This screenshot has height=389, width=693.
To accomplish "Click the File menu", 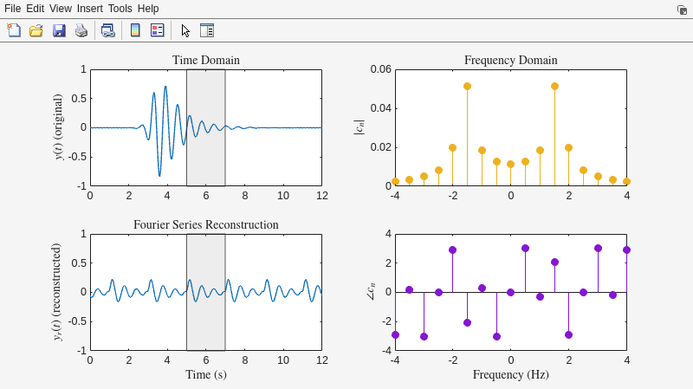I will coord(12,9).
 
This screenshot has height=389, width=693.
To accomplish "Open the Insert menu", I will coord(89,9).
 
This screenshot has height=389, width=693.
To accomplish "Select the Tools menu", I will coord(120,9).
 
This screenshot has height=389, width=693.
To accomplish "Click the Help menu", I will coord(148,9).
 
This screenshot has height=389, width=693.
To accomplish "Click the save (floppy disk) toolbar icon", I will coord(59,30).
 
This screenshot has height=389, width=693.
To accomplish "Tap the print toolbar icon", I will coord(81,30).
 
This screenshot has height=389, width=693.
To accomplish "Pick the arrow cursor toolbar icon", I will coord(185,30).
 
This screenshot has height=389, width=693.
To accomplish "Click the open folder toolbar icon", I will coord(36,30).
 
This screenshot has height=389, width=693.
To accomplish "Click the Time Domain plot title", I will coord(205,61).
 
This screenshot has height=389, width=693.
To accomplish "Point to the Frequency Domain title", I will coord(510,61).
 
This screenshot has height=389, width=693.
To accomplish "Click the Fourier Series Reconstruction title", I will coord(205,225).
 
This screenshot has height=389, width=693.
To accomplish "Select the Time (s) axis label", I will coord(205,375).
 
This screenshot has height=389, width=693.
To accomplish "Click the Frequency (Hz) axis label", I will coord(510,375).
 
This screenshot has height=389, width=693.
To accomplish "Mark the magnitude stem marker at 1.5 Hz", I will coord(554,87).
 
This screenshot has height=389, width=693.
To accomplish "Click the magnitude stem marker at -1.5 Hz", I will coord(467,87).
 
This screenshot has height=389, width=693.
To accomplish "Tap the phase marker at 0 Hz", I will coord(511,292).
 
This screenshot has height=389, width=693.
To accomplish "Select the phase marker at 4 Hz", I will coord(626,250).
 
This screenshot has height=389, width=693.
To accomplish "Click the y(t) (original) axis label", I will coord(59,127).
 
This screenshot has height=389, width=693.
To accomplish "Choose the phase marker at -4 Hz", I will coord(395,334).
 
